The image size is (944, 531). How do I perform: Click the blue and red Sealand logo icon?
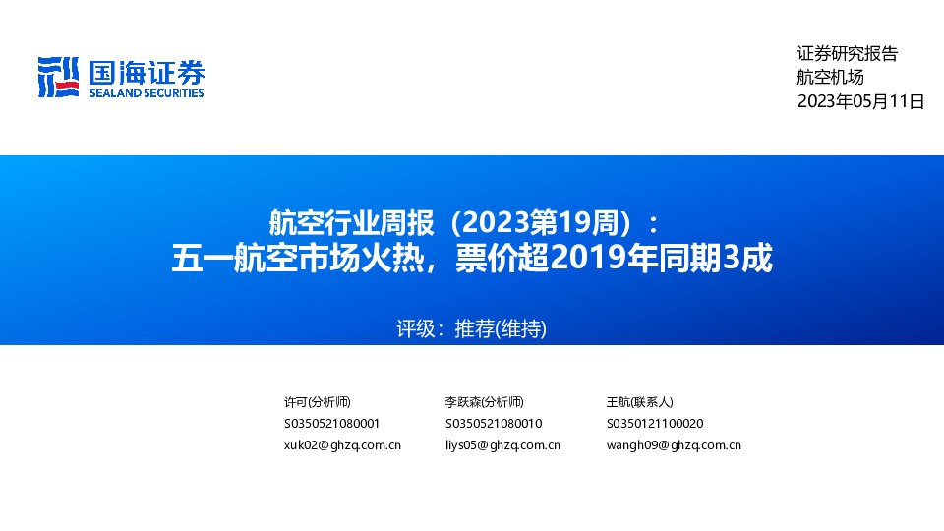tap(58, 78)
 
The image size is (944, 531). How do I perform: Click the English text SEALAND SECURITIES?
tap(147, 93)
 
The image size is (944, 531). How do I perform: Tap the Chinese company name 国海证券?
tap(147, 73)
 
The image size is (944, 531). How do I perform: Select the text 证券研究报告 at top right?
tap(847, 54)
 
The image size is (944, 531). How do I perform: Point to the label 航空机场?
tap(830, 78)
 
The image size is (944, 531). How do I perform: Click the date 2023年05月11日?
tap(860, 101)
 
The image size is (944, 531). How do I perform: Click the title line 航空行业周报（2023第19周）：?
tap(470, 218)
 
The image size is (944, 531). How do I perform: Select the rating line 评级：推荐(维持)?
tap(471, 328)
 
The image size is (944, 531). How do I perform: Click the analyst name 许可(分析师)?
tap(317, 402)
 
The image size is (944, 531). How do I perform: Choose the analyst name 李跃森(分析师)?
tap(484, 402)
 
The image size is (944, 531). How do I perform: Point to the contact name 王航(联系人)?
tap(639, 402)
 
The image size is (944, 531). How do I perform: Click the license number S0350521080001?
tap(331, 424)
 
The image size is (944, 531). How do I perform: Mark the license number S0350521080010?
tap(494, 424)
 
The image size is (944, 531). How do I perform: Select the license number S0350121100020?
tap(655, 424)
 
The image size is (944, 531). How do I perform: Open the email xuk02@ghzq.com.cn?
tap(342, 445)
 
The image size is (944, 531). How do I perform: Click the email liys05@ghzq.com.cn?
tap(502, 445)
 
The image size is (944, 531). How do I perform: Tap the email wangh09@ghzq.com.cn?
tap(674, 445)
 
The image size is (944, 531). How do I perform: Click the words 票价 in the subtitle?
tap(481, 258)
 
